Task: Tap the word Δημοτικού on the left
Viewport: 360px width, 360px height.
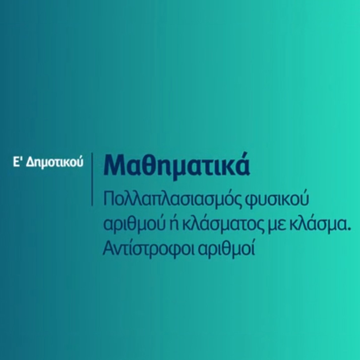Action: tap(54, 163)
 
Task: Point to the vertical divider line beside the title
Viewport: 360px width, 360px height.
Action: tap(93, 179)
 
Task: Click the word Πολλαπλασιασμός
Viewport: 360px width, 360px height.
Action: tap(172, 199)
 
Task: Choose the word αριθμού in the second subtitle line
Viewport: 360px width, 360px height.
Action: tap(135, 224)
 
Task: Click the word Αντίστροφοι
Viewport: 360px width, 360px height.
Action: tap(148, 249)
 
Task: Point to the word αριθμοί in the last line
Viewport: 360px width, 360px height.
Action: tap(226, 249)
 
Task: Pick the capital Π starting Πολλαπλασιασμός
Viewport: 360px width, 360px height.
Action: tap(109, 199)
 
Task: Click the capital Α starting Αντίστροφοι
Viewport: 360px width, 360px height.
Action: tap(108, 249)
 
